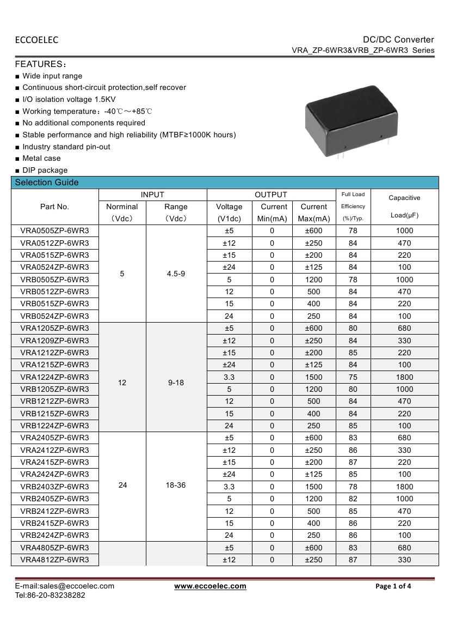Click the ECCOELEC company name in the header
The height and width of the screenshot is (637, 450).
(x=36, y=40)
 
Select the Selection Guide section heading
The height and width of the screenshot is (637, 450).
(x=47, y=183)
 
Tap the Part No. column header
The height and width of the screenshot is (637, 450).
(x=54, y=207)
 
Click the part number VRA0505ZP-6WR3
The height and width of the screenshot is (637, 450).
(x=54, y=230)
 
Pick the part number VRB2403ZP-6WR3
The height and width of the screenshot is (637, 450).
(x=54, y=487)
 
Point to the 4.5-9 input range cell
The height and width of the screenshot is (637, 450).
(x=176, y=274)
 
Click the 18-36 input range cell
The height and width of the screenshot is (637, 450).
(x=176, y=485)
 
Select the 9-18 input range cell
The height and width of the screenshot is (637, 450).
(x=176, y=383)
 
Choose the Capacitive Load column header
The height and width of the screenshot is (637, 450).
(x=404, y=207)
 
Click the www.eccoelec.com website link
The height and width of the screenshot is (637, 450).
(x=210, y=586)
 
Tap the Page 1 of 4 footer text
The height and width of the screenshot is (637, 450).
(x=393, y=586)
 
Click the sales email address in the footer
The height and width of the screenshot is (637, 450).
(x=64, y=586)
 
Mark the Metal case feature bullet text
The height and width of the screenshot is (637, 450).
(x=41, y=159)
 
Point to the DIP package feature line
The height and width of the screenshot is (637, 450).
(x=45, y=171)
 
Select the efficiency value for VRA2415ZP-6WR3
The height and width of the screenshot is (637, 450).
(x=353, y=462)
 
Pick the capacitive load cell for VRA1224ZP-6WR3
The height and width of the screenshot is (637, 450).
(x=404, y=377)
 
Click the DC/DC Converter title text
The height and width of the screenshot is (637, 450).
(x=398, y=40)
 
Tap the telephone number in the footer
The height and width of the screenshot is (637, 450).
(x=50, y=596)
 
